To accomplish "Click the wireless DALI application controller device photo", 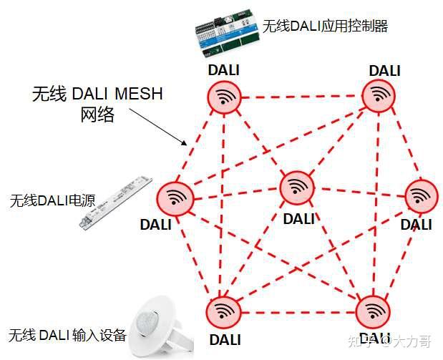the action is click(227, 33).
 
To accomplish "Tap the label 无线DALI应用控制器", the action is click(325, 26).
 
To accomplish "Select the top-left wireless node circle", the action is click(224, 97).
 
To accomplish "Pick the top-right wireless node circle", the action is click(379, 94).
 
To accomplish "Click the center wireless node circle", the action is click(296, 188).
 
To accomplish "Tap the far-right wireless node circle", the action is click(422, 196).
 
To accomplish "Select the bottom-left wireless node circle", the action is click(224, 312).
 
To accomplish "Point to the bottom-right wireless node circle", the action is click(372, 312).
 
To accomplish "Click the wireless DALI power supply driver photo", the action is click(116, 202).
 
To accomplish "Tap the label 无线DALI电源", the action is click(52, 201).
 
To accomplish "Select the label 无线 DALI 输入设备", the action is click(67, 336).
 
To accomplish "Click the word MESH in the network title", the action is click(139, 94).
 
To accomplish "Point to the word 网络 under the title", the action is click(97, 115).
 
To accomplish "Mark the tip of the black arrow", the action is click(187, 145).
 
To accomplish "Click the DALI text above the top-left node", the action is click(223, 70).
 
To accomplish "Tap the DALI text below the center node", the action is click(299, 219).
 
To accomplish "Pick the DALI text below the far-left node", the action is click(156, 225).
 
